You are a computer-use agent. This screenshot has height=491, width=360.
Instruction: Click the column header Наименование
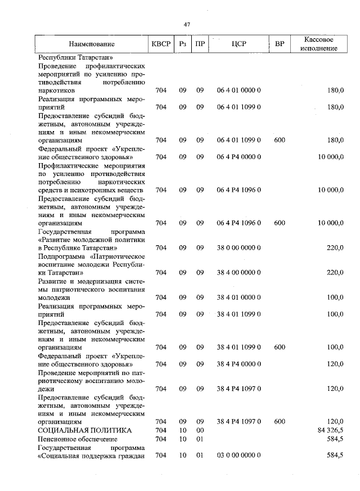pos(92,44)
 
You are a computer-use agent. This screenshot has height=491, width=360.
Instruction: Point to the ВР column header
pos(280,44)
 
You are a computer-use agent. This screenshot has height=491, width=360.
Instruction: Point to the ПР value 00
pos(199,430)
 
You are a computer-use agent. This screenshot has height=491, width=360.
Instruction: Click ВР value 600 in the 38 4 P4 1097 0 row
pos(280,421)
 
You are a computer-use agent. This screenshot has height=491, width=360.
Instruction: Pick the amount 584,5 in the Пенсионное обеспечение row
pos(334,439)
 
